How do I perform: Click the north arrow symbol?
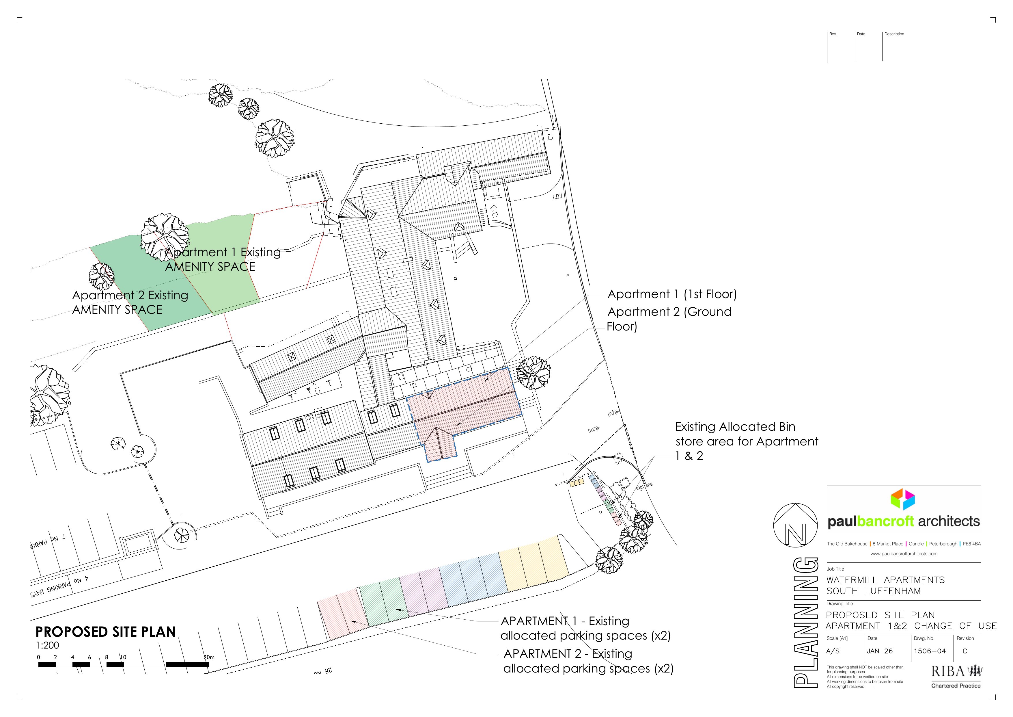pos(796,525)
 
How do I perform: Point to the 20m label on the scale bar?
pos(209,657)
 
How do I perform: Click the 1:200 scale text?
pos(47,645)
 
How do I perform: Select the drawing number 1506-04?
pos(930,651)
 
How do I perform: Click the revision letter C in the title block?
pos(965,651)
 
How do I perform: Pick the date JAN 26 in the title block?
pos(879,651)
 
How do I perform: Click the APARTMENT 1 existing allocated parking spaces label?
pos(585,628)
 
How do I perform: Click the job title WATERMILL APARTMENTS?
pos(885,580)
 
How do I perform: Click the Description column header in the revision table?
pos(894,34)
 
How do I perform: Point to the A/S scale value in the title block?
pos(833,651)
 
